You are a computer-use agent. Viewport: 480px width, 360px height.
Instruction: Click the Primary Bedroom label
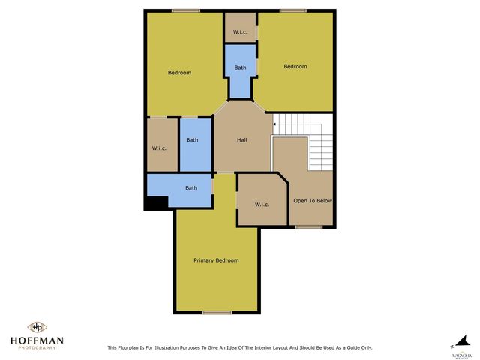pyautogui.click(x=216, y=260)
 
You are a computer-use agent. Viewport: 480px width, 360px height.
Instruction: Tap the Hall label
pyautogui.click(x=242, y=140)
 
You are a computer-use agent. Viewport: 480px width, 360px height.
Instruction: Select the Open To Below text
pyautogui.click(x=313, y=201)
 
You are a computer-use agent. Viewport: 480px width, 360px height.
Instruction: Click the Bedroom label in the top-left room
pyautogui.click(x=179, y=73)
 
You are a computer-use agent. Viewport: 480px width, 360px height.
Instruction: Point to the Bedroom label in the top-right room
pyautogui.click(x=295, y=67)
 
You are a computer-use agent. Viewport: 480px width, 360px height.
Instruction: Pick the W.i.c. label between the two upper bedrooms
pyautogui.click(x=240, y=31)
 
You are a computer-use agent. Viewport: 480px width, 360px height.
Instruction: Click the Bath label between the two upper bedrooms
pyautogui.click(x=240, y=67)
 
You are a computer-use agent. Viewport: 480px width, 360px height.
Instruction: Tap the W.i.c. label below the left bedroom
pyautogui.click(x=159, y=148)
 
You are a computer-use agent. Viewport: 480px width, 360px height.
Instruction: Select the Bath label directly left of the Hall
pyautogui.click(x=192, y=140)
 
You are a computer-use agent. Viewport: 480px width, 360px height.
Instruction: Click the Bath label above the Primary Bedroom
pyautogui.click(x=191, y=188)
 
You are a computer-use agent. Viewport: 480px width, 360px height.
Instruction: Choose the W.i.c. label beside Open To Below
pyautogui.click(x=262, y=205)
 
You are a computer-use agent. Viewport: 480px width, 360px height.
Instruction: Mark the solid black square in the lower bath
pyautogui.click(x=157, y=202)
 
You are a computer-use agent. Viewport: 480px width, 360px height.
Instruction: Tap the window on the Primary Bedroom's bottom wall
pyautogui.click(x=217, y=312)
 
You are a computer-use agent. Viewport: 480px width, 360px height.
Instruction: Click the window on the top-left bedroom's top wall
pyautogui.click(x=185, y=10)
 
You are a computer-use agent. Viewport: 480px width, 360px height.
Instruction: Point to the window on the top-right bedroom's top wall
pyautogui.click(x=292, y=10)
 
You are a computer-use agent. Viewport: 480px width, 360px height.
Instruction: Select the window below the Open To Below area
pyautogui.click(x=308, y=226)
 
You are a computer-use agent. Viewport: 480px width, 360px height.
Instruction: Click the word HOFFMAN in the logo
pyautogui.click(x=36, y=340)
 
